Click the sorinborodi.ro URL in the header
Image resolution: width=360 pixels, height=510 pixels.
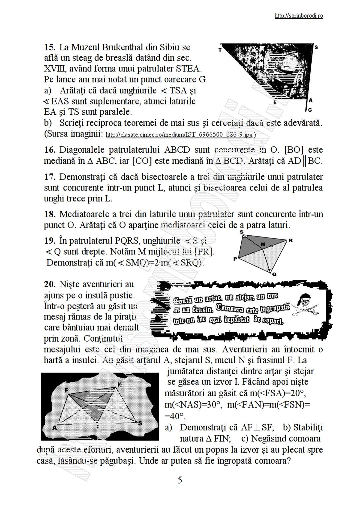(298, 16)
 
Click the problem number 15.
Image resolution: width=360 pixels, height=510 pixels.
(50, 47)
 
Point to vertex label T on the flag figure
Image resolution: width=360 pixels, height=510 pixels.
(220, 51)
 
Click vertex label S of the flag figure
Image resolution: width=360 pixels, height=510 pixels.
(316, 48)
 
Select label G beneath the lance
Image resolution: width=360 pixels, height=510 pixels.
(310, 110)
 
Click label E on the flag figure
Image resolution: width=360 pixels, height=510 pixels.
(275, 103)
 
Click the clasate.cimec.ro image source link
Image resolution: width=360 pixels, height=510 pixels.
(180, 135)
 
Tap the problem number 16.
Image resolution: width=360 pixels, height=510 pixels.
(50, 150)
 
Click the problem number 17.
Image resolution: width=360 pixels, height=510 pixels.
(50, 176)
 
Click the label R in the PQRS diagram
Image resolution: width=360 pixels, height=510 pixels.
(291, 240)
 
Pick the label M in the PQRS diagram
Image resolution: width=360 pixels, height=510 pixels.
(263, 244)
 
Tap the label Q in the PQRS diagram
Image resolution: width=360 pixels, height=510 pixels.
(274, 275)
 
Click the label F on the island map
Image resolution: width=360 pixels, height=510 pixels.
(67, 390)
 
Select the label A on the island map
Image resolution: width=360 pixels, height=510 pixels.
(54, 428)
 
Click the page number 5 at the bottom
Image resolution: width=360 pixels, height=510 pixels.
(180, 480)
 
